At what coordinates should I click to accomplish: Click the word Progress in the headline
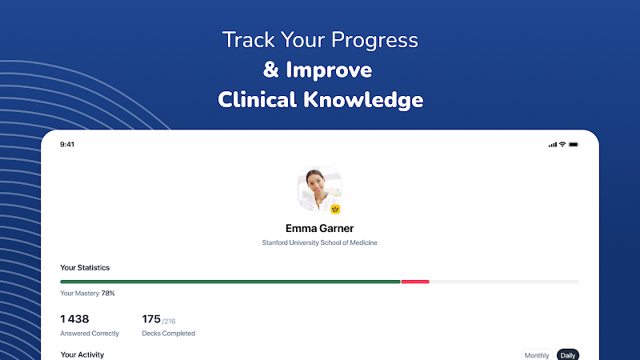[x=374, y=41]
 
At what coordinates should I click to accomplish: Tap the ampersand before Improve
[x=270, y=70]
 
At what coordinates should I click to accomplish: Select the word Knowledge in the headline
[x=363, y=100]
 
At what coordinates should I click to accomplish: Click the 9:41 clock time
[x=67, y=145]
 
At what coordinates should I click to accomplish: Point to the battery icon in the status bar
[x=574, y=145]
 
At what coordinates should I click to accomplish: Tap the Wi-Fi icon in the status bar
[x=562, y=144]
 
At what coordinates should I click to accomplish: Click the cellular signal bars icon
[x=552, y=145]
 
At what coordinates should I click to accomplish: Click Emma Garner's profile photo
[x=319, y=189]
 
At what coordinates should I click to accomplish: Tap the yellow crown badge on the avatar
[x=335, y=210]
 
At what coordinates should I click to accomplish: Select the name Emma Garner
[x=319, y=228]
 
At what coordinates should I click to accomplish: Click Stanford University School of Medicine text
[x=319, y=242]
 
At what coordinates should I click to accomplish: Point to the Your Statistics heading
[x=85, y=268]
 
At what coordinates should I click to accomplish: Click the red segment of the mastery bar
[x=415, y=282]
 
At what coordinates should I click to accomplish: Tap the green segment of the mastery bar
[x=230, y=282]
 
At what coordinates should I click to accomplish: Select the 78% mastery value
[x=108, y=294]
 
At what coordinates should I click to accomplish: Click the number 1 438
[x=74, y=318]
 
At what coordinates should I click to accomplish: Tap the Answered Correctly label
[x=90, y=334]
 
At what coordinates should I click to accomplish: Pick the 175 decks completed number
[x=151, y=318]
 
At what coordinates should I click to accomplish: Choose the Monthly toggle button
[x=537, y=355]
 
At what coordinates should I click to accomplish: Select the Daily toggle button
[x=568, y=355]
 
